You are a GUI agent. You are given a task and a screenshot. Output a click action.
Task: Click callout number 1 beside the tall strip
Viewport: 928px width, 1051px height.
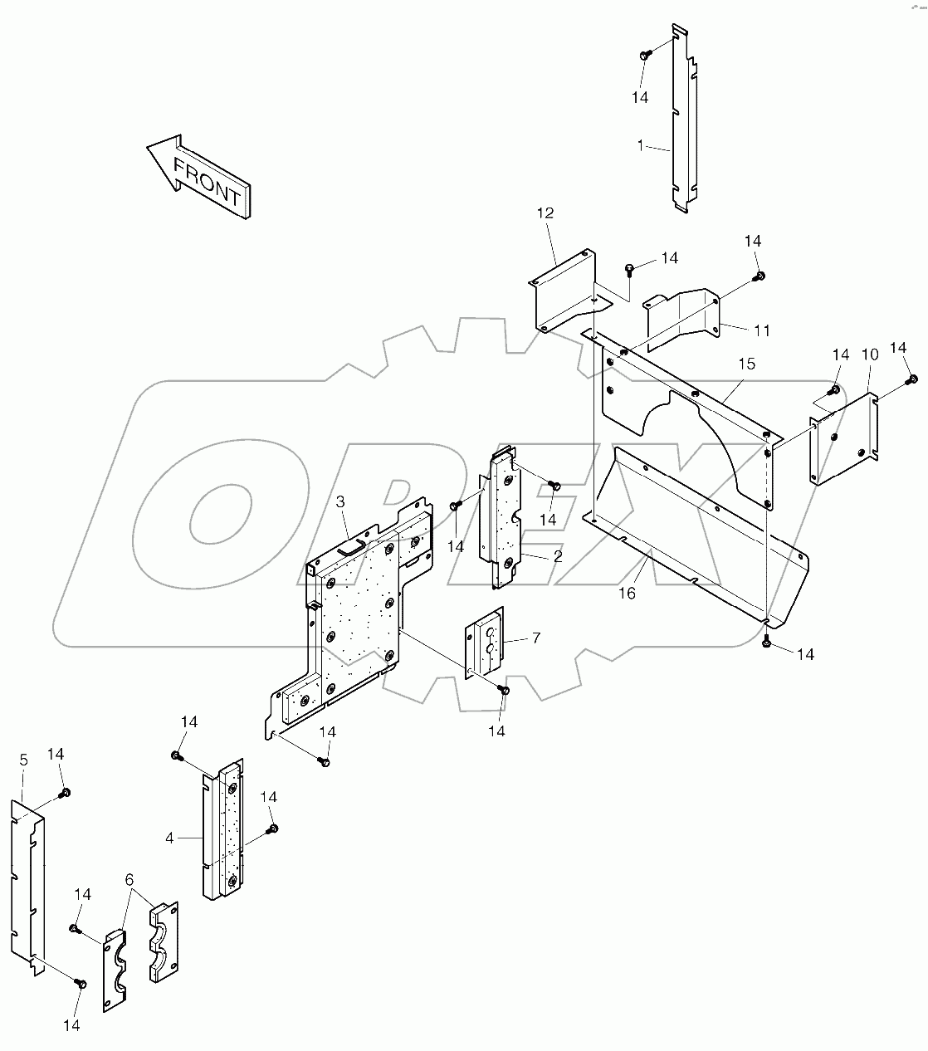[x=640, y=145]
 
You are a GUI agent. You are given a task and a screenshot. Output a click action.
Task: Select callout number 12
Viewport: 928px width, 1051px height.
[x=545, y=213]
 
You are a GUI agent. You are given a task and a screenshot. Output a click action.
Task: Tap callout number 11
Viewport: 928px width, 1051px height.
[x=761, y=330]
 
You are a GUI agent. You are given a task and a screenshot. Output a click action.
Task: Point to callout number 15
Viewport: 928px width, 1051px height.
[x=746, y=364]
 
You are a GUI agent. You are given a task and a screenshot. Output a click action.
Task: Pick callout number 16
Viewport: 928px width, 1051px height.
[x=627, y=593]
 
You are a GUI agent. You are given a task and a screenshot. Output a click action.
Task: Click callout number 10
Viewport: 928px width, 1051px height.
[x=869, y=354]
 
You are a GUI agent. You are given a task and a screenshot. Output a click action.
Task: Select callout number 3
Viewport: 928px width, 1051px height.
[x=341, y=501]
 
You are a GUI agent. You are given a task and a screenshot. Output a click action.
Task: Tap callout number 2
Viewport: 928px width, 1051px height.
[x=558, y=556]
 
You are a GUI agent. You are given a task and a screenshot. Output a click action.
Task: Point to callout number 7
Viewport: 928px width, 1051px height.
[x=536, y=638]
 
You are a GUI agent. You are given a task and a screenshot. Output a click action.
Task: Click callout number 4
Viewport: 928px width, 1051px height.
[x=169, y=838]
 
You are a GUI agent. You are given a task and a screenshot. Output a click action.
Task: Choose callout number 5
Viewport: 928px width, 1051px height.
[x=23, y=760]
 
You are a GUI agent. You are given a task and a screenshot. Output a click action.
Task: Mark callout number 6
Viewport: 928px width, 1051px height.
[x=129, y=879]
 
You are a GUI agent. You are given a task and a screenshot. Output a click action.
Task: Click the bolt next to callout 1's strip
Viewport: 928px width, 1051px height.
[x=644, y=55]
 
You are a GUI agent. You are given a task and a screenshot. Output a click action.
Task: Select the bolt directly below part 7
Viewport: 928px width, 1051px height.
[x=504, y=691]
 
